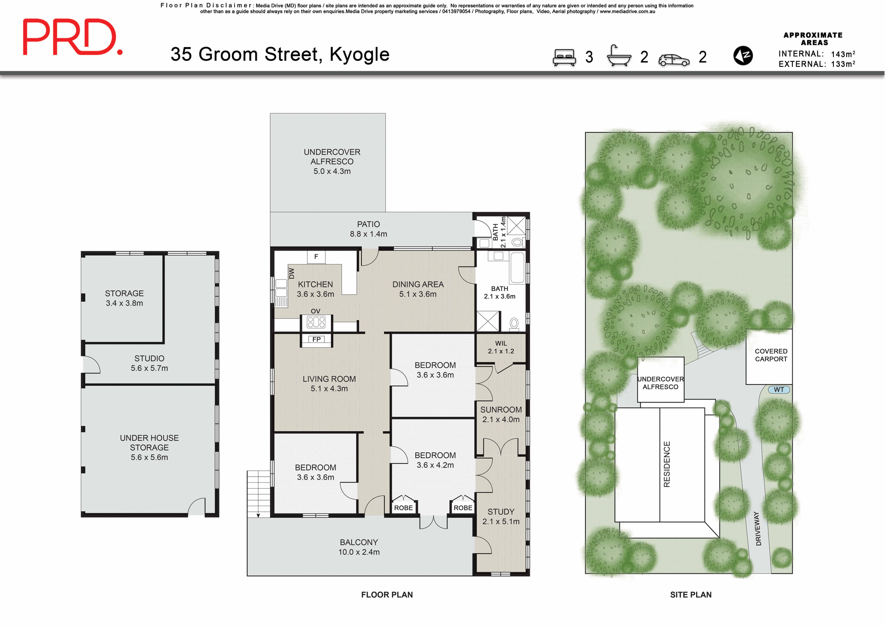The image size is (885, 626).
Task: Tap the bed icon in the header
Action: [564, 58]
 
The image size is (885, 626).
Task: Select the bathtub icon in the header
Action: [619, 56]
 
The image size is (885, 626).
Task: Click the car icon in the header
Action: [674, 60]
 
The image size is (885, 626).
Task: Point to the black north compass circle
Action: [743, 56]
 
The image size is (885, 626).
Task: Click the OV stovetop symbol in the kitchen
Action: [316, 322]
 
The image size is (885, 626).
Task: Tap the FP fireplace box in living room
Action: [316, 340]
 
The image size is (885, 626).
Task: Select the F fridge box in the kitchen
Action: [316, 257]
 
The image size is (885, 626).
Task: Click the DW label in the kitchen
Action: [291, 273]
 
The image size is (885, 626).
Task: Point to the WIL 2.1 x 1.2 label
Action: [501, 347]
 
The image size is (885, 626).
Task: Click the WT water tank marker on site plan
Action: [779, 390]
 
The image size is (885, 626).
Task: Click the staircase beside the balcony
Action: [259, 493]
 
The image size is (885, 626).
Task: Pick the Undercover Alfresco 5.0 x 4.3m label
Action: [332, 161]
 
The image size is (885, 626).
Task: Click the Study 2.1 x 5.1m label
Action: [501, 516]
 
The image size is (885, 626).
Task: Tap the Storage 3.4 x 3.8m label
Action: [124, 298]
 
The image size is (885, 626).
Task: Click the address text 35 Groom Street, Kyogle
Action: [280, 54]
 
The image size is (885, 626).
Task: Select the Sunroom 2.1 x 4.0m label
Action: [501, 414]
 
